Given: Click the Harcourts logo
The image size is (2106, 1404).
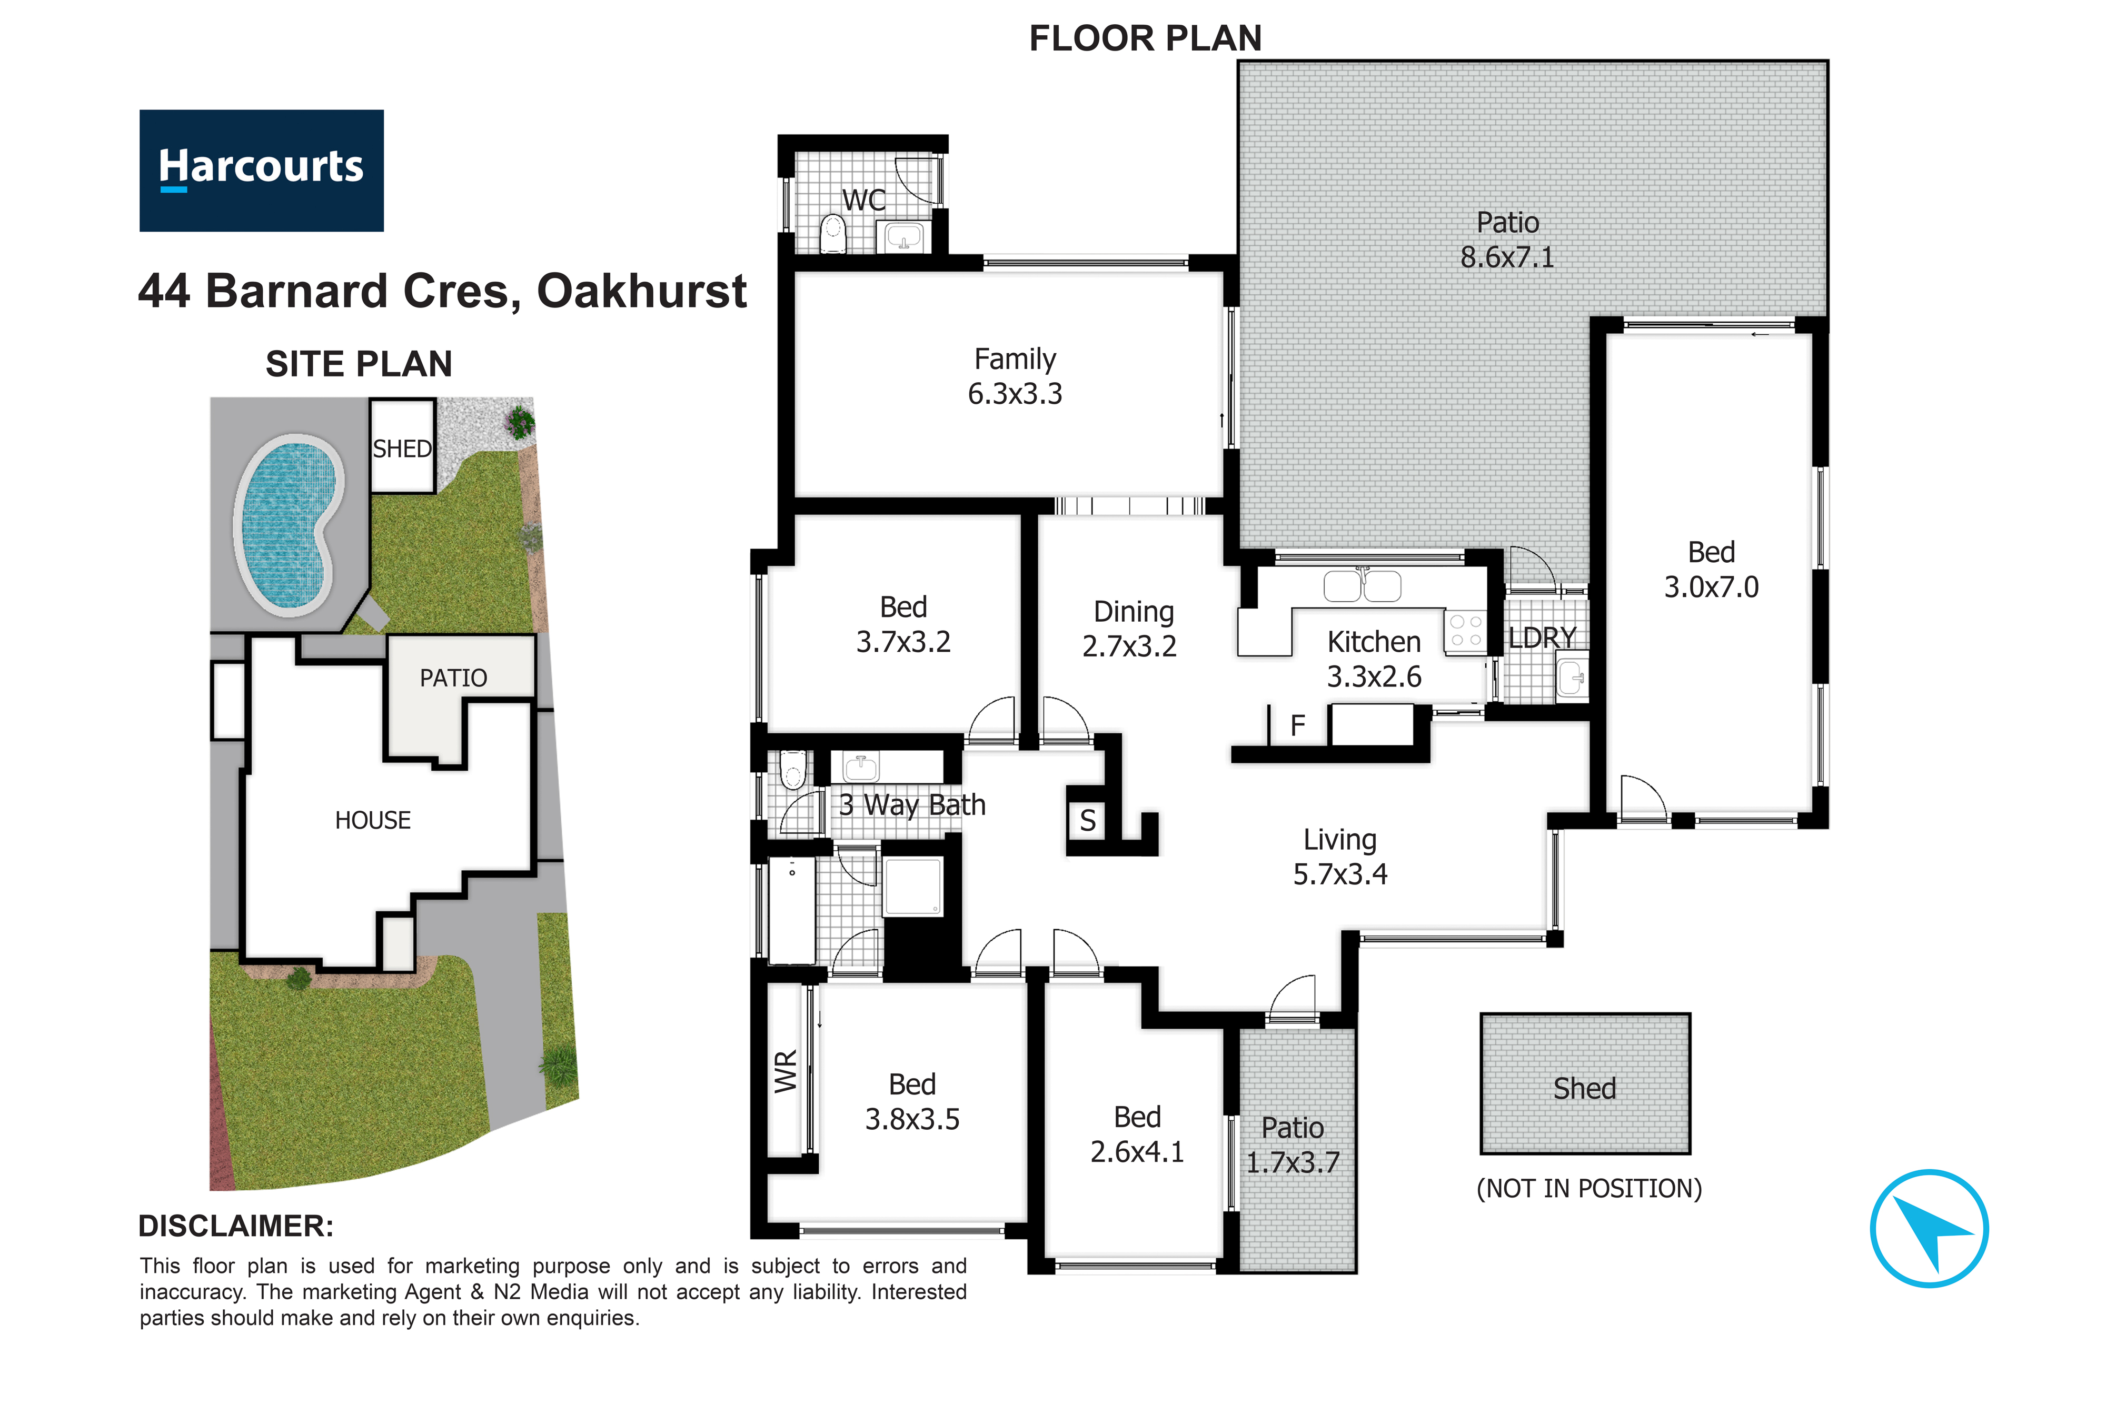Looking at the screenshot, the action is (262, 170).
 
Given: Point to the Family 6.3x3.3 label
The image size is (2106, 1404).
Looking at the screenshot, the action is (1016, 376).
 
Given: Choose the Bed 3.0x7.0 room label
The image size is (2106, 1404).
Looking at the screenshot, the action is (1711, 570).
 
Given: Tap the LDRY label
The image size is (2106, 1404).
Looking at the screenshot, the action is (1542, 638).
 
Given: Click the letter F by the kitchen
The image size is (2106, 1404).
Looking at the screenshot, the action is (1297, 725).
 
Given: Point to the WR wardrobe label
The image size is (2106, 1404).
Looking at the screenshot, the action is (785, 1072).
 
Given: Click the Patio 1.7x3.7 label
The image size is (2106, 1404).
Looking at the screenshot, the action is (1293, 1145).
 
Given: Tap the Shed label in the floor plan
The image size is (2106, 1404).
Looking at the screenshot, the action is (1585, 1088).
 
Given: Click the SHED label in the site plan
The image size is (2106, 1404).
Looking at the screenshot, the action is (402, 449).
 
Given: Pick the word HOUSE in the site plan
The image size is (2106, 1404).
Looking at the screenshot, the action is (372, 820).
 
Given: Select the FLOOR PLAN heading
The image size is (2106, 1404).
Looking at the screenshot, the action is (1145, 38).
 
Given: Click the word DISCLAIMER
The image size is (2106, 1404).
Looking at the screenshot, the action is (235, 1226).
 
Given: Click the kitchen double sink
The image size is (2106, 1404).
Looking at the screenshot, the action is (1363, 585).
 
